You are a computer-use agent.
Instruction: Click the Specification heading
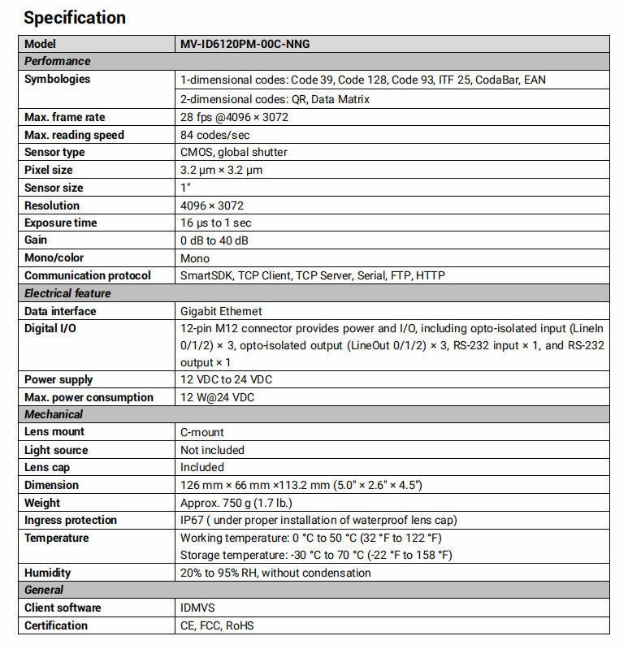(x=75, y=17)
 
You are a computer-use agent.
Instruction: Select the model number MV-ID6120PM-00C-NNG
(x=245, y=44)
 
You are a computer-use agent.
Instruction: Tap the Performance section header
(x=57, y=61)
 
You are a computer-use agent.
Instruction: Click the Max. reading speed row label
(x=74, y=135)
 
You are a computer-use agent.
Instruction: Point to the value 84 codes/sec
(x=214, y=135)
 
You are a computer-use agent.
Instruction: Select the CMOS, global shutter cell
(x=233, y=152)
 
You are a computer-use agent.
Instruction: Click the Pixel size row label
(x=48, y=170)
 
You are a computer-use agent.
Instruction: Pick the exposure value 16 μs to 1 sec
(x=215, y=223)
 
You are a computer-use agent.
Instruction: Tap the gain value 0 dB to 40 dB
(x=214, y=240)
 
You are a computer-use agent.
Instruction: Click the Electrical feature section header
(x=67, y=293)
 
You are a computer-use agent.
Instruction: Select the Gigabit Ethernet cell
(x=221, y=311)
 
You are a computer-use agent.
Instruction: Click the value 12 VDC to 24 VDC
(x=226, y=379)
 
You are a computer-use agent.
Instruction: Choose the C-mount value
(x=202, y=432)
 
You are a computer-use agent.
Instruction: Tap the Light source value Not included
(x=212, y=450)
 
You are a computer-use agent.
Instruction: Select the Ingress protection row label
(x=71, y=520)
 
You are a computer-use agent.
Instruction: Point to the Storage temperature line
(x=316, y=555)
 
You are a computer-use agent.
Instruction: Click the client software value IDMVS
(x=197, y=608)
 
